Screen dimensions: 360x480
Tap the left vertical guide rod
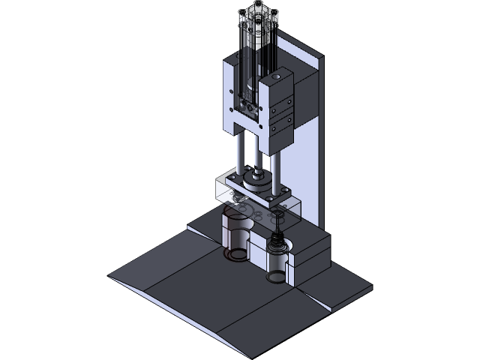[237, 153]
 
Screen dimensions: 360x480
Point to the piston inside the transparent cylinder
[251, 79]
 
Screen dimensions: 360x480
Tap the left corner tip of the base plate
[110, 277]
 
